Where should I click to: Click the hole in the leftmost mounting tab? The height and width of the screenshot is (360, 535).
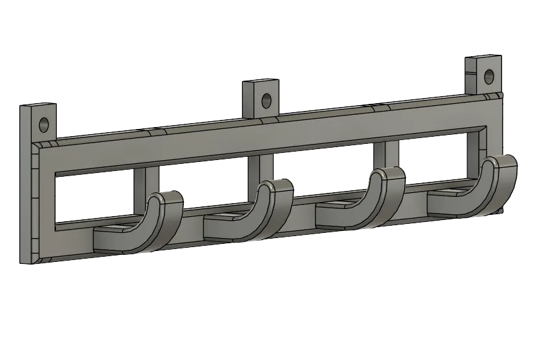coord(45,123)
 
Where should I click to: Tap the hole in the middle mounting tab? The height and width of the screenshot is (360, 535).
coord(265,101)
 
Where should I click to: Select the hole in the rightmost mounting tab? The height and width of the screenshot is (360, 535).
coord(489,75)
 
